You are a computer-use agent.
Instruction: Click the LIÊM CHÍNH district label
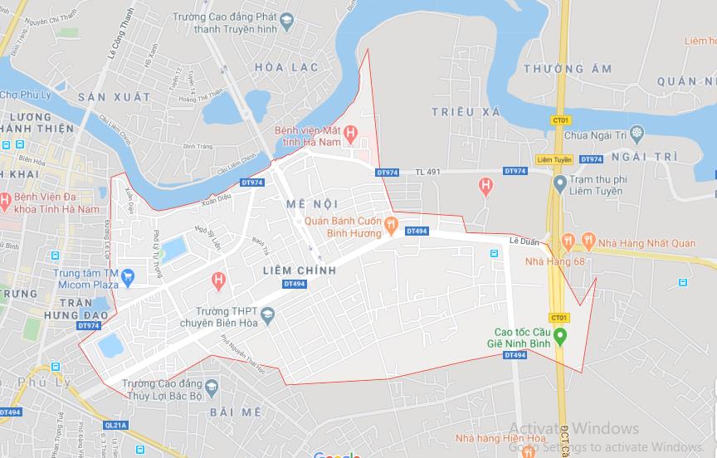300,270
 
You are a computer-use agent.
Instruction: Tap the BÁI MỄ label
236,412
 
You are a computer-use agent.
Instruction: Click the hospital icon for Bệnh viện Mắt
351,133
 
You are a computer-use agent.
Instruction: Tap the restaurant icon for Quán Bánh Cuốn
391,222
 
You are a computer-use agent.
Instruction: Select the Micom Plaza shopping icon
128,275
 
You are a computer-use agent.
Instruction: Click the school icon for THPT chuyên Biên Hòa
267,314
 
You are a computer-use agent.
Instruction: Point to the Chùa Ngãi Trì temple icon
637,134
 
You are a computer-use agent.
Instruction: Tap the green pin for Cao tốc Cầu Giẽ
560,336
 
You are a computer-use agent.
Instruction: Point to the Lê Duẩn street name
524,241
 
